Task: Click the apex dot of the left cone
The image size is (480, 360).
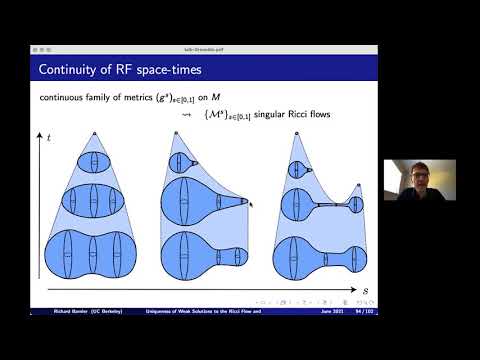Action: click(x=94, y=134)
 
